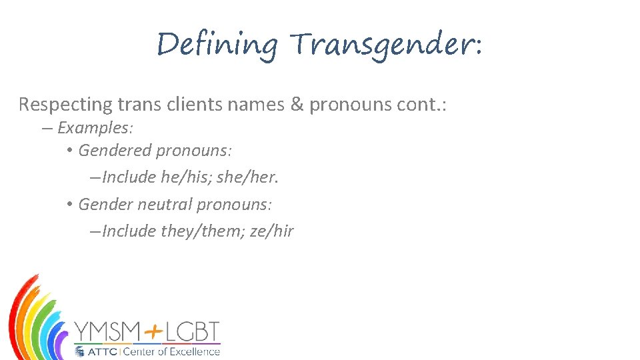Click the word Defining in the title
click(217, 45)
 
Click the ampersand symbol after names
click(297, 105)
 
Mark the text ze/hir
click(271, 231)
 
